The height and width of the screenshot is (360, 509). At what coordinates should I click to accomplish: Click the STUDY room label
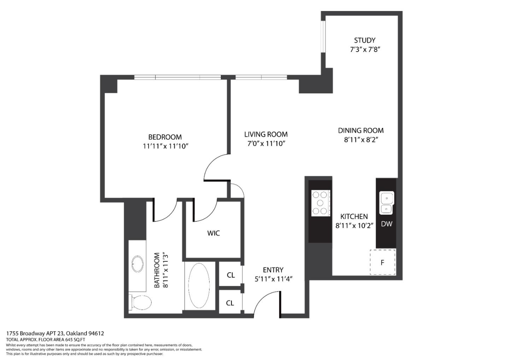click(364, 40)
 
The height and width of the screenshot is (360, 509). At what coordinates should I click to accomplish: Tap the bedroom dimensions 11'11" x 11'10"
click(165, 146)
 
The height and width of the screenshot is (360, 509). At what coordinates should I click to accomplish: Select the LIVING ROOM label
click(266, 134)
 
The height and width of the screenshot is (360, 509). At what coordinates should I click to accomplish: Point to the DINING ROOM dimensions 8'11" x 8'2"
click(361, 140)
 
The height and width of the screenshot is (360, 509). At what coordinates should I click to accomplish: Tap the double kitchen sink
click(387, 203)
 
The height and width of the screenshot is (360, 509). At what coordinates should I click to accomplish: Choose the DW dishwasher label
click(386, 224)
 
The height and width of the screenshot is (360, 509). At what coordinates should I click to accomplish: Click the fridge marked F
click(382, 262)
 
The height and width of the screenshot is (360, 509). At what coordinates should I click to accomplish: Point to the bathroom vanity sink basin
click(137, 263)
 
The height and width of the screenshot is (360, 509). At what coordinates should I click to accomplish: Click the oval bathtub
click(200, 286)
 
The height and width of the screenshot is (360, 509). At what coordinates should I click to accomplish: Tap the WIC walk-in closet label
click(213, 233)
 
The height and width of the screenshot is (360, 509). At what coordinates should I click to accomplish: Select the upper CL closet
click(230, 275)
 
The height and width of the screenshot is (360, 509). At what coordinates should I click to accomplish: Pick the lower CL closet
click(230, 303)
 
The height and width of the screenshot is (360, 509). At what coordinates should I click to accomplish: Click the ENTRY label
click(273, 270)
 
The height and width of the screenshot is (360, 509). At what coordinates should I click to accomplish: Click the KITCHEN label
click(354, 216)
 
